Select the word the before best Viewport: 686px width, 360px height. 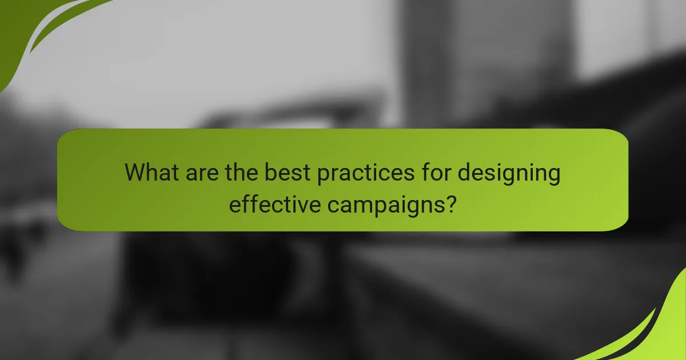tap(239, 172)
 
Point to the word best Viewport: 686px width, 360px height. tap(281, 172)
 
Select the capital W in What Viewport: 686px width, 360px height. tap(136, 172)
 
